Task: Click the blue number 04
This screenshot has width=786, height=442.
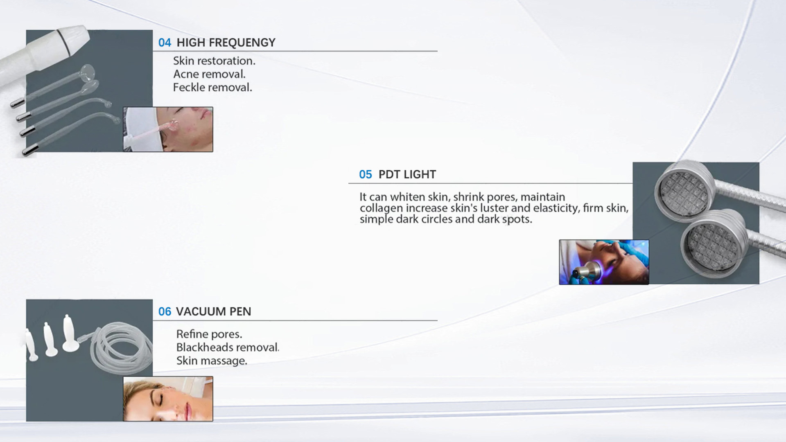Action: (x=165, y=43)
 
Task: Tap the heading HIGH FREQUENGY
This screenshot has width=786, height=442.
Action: (x=226, y=43)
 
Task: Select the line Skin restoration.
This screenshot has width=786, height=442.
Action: (x=214, y=61)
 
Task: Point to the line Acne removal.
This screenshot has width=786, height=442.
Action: (x=209, y=74)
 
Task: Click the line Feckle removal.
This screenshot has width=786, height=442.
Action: (x=212, y=87)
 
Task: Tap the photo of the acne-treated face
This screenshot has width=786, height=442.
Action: (x=168, y=129)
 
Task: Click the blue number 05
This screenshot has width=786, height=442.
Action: (x=365, y=175)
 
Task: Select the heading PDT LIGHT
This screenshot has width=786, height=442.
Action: (x=407, y=174)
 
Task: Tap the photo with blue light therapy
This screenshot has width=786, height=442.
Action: (x=604, y=262)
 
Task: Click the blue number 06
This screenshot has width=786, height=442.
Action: (x=165, y=312)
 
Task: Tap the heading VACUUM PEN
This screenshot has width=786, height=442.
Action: (x=213, y=311)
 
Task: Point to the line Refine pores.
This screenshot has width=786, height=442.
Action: (x=209, y=334)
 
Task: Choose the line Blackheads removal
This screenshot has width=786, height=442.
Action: (x=228, y=347)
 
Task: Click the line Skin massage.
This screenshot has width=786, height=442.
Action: (x=212, y=361)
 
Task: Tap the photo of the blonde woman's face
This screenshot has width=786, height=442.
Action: (x=168, y=399)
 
